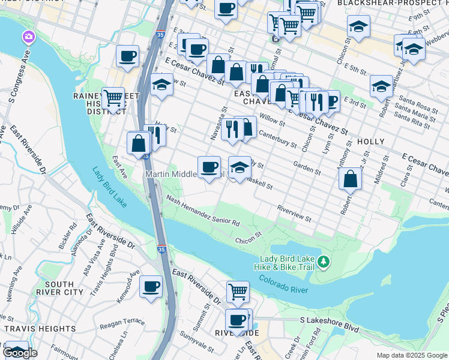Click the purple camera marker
click(28, 38)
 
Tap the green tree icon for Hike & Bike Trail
click(324, 262)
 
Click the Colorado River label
click(283, 284)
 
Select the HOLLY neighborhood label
click(370, 142)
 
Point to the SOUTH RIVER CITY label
click(64, 288)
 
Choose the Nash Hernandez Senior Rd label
click(203, 211)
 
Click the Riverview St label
click(294, 214)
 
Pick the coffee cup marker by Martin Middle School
click(209, 166)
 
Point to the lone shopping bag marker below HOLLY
click(350, 178)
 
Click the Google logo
click(20, 353)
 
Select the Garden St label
click(307, 167)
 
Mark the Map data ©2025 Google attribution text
click(412, 355)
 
